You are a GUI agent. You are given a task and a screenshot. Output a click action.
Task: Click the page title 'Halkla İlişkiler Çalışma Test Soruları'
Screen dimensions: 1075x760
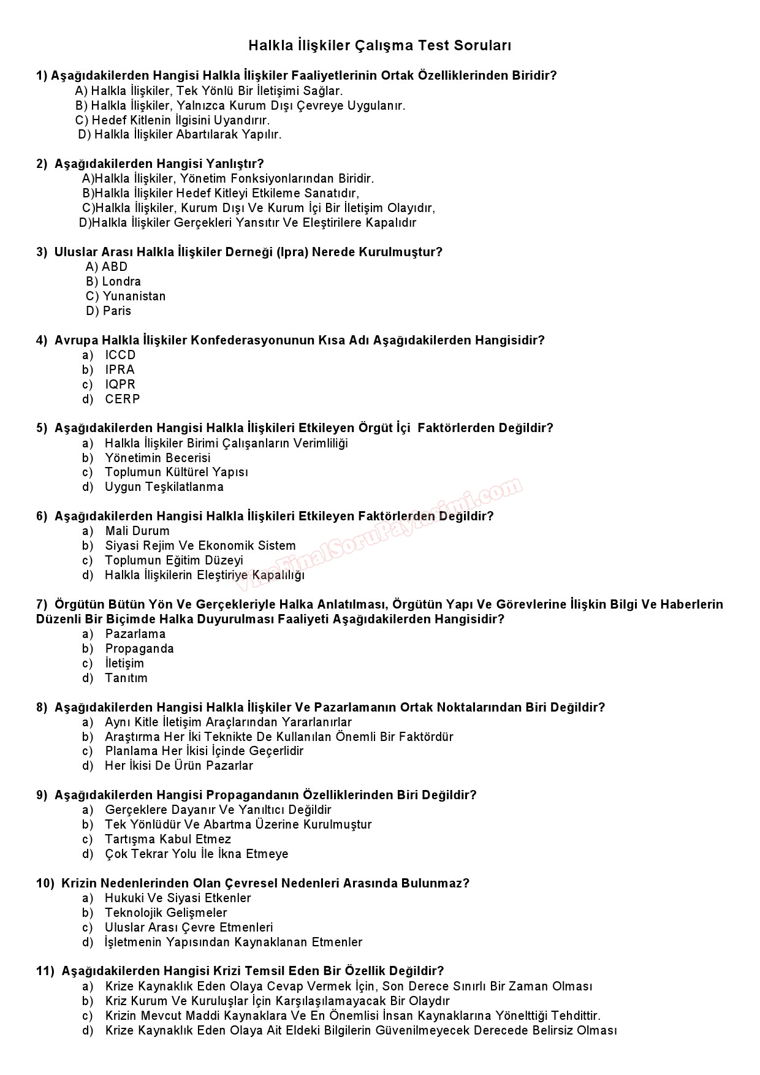coord(379,46)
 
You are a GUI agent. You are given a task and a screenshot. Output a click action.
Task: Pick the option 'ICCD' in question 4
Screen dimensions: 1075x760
coord(120,355)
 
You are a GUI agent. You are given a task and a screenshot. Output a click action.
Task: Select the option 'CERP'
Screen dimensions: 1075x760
coord(123,399)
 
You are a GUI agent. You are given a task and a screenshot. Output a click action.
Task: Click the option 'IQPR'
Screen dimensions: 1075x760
coord(120,384)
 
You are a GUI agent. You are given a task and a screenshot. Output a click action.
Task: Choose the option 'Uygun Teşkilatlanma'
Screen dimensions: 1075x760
coord(164,487)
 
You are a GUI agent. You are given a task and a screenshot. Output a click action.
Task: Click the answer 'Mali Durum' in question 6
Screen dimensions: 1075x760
coord(137,531)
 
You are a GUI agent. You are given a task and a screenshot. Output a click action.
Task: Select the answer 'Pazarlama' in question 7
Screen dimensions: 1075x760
coord(135,634)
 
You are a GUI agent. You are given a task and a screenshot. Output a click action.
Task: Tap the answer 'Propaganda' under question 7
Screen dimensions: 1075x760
coord(140,648)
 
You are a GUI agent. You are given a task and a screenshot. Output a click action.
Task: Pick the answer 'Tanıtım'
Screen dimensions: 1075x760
coord(126,678)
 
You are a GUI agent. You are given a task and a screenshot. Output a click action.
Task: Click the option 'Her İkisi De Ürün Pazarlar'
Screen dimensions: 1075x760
coord(179,765)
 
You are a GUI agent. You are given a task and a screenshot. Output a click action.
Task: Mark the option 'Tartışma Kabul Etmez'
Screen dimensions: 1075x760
coord(168,839)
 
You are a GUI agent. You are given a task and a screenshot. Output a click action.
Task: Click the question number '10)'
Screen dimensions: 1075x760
coord(45,883)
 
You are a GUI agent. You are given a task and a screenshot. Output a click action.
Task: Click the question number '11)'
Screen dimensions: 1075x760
coord(45,971)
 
